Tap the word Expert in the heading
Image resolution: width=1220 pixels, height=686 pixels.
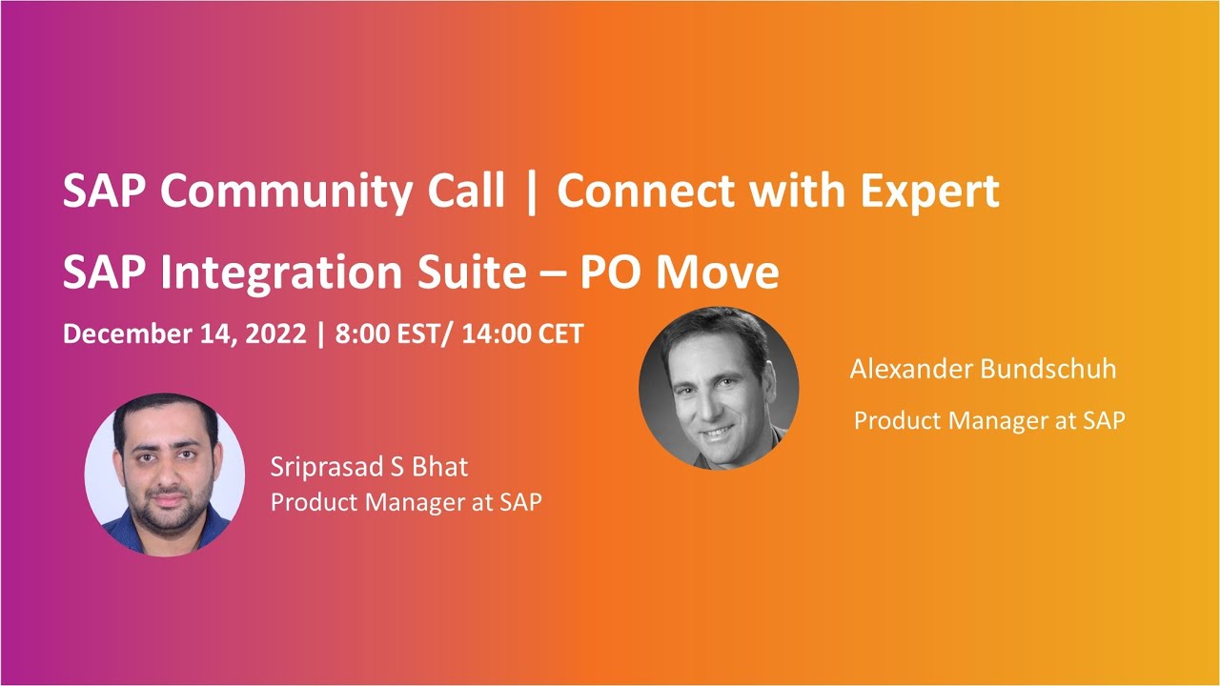(x=929, y=192)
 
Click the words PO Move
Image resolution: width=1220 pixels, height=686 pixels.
(x=679, y=273)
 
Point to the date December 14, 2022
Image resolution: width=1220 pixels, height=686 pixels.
(x=185, y=334)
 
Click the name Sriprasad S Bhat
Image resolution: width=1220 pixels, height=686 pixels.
(x=369, y=467)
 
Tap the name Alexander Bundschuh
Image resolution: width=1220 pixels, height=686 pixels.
(x=983, y=370)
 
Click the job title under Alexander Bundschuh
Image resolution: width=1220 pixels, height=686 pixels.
(x=989, y=420)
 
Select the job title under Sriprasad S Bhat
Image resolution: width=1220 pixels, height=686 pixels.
(x=406, y=502)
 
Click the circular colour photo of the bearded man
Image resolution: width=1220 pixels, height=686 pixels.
(x=165, y=474)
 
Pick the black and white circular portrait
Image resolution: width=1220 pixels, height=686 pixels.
(x=719, y=388)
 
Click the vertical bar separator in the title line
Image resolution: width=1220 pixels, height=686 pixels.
(x=531, y=192)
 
